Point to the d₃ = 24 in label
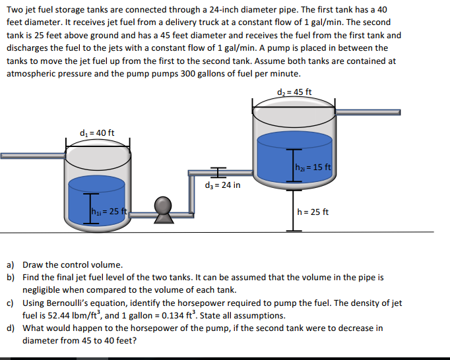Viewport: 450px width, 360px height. pos(223,185)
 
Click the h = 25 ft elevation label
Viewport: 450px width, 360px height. pos(313,212)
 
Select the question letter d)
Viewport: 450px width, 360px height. pos(11,328)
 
